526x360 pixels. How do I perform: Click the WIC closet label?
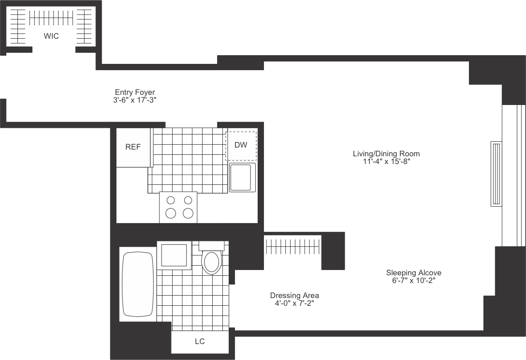pos(51,36)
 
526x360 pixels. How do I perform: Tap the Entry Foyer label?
pos(135,92)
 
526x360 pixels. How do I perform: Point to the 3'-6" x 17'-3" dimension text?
pos(135,100)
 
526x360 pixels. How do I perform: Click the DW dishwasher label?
pos(241,145)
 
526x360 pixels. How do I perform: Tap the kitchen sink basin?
pos(240,177)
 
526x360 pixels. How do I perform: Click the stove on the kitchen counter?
pos(178,207)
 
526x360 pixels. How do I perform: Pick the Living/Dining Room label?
pos(386,154)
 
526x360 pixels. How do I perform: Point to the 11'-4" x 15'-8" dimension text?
pos(386,162)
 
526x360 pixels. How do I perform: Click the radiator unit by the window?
pos(496,174)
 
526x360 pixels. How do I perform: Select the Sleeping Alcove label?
pos(414,273)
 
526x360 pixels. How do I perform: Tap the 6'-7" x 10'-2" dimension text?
pos(414,281)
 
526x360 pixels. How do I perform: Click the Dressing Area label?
pos(294,296)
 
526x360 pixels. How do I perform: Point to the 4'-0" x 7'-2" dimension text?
pos(294,303)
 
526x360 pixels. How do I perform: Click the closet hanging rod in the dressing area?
pos(292,247)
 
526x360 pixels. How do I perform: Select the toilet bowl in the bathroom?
pos(211,262)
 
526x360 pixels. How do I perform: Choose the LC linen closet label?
pos(200,342)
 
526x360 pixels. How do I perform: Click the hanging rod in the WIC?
pos(51,18)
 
